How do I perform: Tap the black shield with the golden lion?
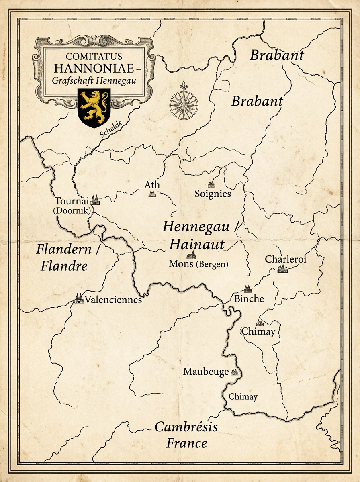coord(94,107)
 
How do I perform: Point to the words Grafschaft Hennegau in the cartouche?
coord(94,80)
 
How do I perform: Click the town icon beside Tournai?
coord(95,200)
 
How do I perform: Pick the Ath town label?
coord(152,185)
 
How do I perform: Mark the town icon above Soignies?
coord(211,184)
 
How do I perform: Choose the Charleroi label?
coord(286,259)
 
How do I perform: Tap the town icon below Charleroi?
coord(282,269)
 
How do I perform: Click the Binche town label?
coord(249,299)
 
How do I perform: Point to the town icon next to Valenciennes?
coord(79,298)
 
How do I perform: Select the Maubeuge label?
coord(206,372)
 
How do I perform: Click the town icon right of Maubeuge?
coord(235,372)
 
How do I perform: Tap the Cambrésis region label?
coord(186,427)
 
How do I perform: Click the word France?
coord(187,443)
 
